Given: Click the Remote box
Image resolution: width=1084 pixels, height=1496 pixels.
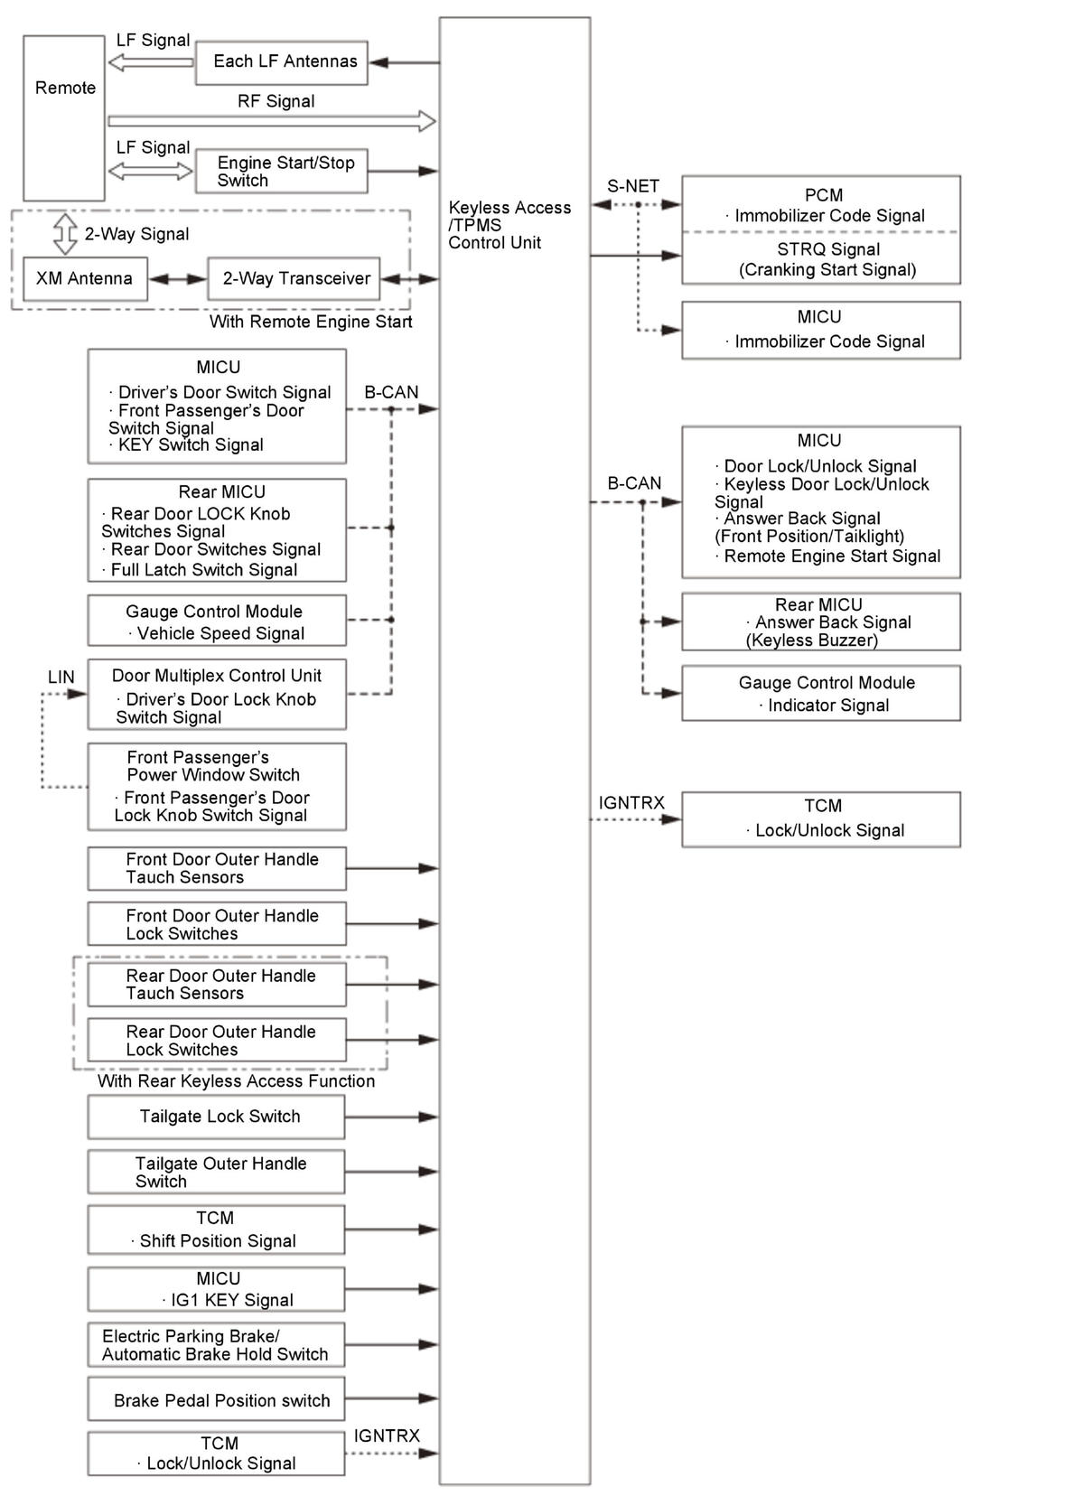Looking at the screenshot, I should (x=63, y=117).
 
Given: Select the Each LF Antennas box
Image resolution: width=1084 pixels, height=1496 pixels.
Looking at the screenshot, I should (x=281, y=62).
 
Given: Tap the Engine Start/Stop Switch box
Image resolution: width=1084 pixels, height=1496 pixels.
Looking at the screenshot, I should (x=281, y=171).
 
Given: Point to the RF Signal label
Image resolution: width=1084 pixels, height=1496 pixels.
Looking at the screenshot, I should (x=276, y=101).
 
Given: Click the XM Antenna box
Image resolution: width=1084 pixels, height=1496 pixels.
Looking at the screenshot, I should (x=84, y=278).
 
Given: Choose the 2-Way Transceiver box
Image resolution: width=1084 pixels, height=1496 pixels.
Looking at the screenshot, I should (x=294, y=278).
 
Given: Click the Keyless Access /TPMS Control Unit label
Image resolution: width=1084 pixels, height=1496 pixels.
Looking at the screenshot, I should (x=509, y=225).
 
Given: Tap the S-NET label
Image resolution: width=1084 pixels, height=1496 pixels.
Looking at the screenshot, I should (x=632, y=186).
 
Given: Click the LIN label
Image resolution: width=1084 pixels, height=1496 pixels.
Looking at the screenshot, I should (x=61, y=677).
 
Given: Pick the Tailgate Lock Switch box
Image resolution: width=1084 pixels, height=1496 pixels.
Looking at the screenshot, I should (x=216, y=1117).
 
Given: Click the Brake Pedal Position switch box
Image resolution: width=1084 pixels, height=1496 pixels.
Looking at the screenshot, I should (x=216, y=1399).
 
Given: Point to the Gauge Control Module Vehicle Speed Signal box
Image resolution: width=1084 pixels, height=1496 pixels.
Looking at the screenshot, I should (x=216, y=621).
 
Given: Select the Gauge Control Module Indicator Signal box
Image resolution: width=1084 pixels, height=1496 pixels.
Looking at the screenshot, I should (x=820, y=693).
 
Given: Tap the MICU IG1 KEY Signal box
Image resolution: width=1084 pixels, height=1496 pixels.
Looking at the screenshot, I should (x=216, y=1289).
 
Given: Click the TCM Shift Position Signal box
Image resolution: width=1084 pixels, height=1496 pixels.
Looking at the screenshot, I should (x=216, y=1230).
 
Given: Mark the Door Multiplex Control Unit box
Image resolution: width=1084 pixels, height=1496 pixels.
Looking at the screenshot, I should (x=216, y=695).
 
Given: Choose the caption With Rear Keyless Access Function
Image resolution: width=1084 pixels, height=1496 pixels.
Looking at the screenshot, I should (x=236, y=1081).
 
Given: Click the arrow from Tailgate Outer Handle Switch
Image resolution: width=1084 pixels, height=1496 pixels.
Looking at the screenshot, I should (x=391, y=1172).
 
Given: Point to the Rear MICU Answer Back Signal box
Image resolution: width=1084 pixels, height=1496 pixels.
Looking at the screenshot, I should (x=820, y=622).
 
